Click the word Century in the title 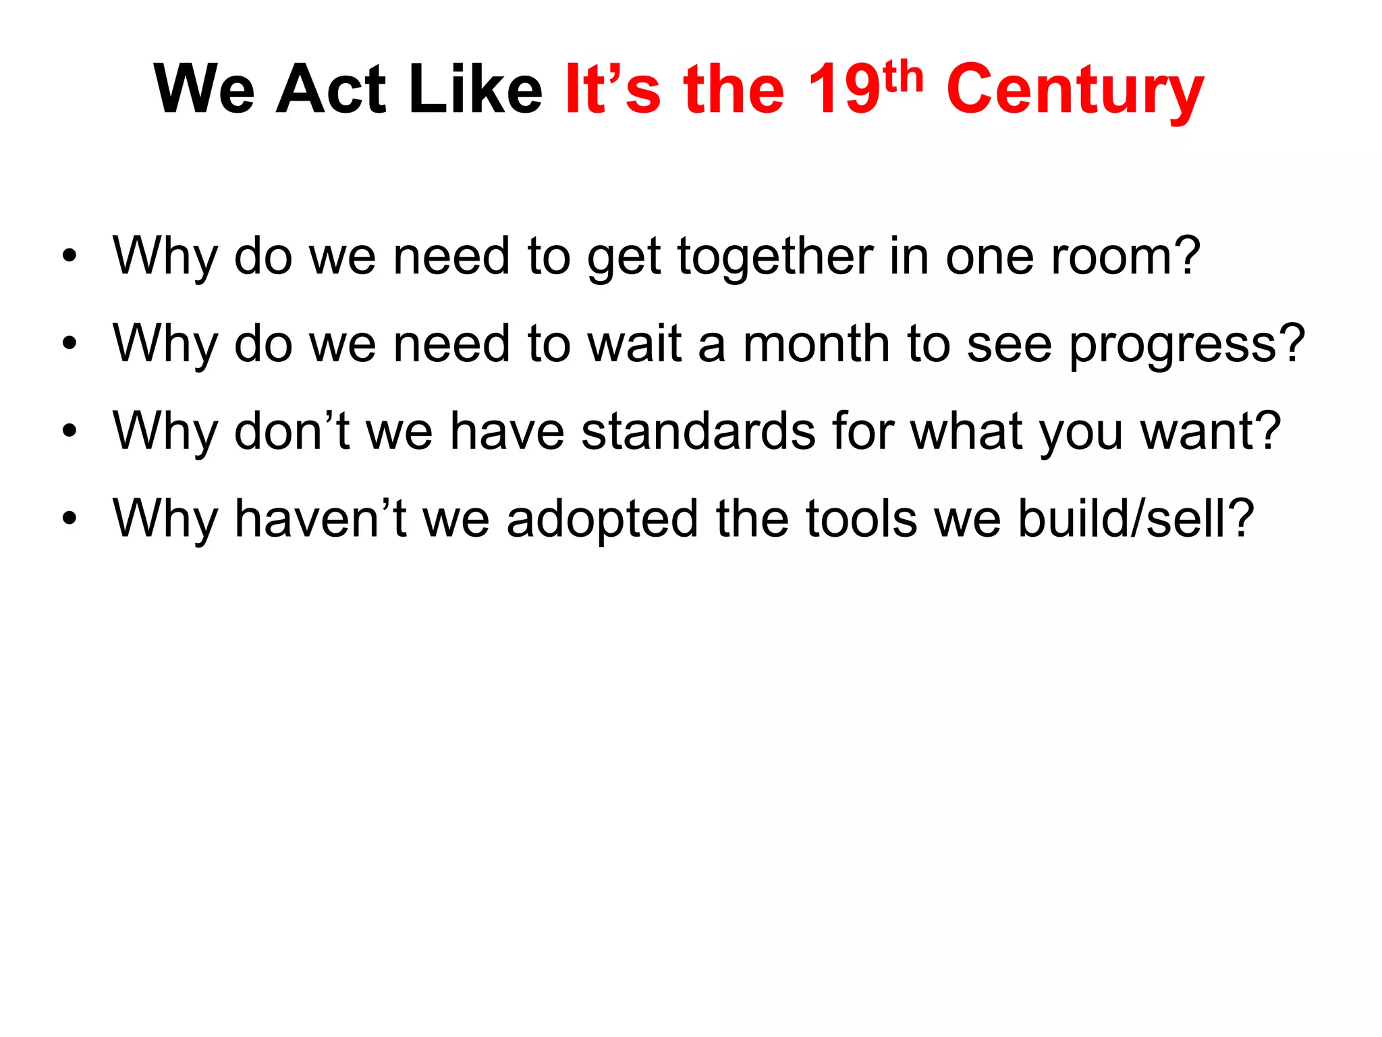point(1074,91)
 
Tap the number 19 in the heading point(844,90)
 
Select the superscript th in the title point(902,77)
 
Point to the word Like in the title point(476,90)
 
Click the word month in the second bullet point(816,344)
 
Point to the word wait point(634,344)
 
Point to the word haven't point(320,518)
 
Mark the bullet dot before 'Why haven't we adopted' point(69,518)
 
